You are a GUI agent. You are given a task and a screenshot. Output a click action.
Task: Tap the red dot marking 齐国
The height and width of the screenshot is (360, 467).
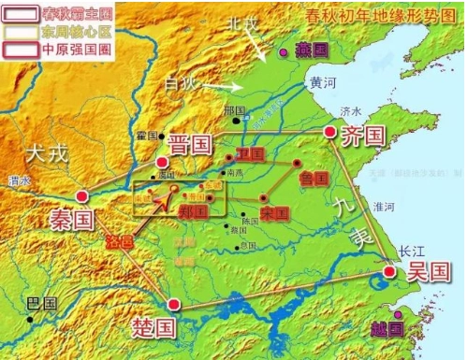[329, 133]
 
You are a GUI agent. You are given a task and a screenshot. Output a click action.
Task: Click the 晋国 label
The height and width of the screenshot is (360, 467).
[191, 145]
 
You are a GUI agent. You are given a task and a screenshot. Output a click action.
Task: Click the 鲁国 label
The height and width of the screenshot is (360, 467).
[314, 176]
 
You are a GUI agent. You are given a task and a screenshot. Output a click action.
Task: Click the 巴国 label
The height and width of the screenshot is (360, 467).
[41, 304]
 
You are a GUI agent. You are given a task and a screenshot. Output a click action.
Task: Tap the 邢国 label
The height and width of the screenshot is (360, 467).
[234, 109]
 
